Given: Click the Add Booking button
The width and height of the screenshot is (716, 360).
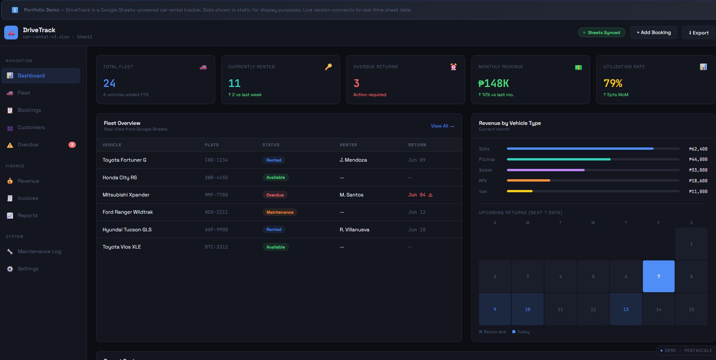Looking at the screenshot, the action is click(654, 33).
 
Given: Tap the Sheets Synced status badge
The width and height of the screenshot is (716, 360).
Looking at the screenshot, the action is click(602, 33).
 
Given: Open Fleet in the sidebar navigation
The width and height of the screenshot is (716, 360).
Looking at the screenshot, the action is click(24, 93).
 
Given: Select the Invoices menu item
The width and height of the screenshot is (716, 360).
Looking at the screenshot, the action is click(28, 198).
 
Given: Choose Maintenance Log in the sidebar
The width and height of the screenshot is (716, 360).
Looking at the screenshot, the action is click(39, 252).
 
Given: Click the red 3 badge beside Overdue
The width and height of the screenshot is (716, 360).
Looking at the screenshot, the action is click(72, 145).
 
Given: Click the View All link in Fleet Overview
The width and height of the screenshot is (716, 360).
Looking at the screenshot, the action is click(442, 126).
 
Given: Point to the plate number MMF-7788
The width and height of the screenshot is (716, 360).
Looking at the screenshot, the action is click(216, 195).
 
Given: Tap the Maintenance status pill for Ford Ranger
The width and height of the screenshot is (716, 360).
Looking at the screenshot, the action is click(280, 212).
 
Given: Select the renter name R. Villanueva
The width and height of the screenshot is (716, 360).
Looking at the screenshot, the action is click(355, 230).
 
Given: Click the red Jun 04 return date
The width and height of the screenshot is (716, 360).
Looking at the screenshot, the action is click(417, 195).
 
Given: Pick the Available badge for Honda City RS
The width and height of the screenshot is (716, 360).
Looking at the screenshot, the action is click(276, 177).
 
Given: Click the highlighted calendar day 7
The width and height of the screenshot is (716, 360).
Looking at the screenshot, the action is click(659, 277).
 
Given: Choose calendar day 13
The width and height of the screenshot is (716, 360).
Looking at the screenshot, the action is click(626, 309).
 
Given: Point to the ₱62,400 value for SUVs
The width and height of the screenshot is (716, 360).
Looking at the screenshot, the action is click(698, 149).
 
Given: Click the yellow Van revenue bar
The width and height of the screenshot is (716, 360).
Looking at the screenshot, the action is click(520, 191).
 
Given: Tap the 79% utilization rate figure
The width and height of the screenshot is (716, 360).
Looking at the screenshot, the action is click(613, 83).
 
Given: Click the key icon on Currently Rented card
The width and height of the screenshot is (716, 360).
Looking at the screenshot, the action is click(329, 67).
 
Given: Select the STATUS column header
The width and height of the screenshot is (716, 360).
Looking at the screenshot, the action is click(271, 145).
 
